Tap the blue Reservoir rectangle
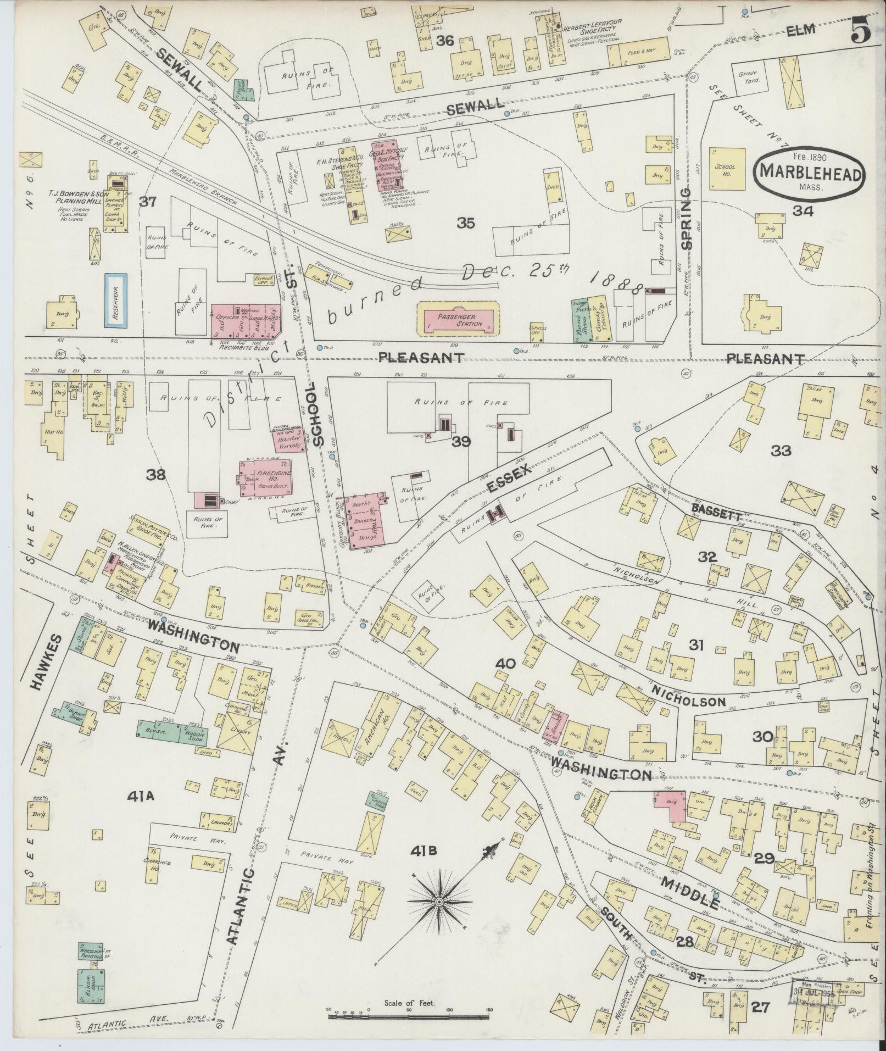(116, 301)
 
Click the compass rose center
(439, 902)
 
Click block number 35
(466, 223)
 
